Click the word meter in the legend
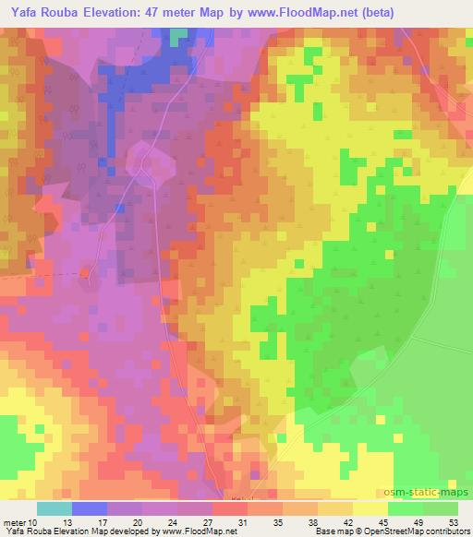coord(14,522)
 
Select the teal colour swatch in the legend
coord(54,508)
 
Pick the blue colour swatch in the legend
coord(89,508)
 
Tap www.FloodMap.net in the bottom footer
coord(198,532)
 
